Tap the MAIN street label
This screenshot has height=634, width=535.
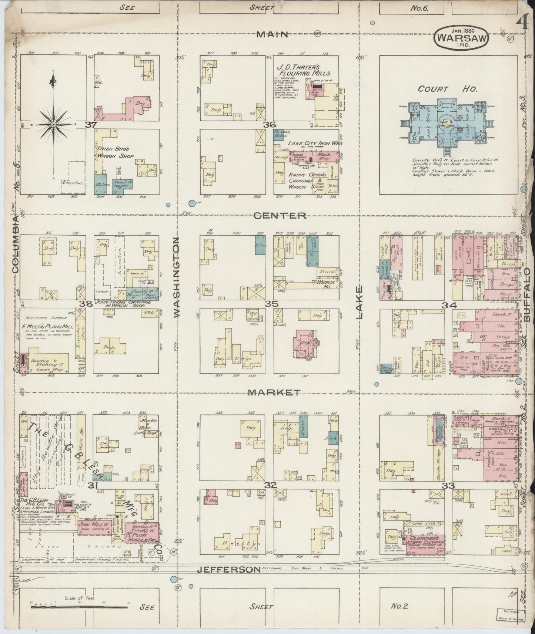coord(272,34)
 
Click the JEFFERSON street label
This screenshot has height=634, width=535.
coord(228,580)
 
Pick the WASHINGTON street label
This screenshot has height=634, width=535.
coord(176,277)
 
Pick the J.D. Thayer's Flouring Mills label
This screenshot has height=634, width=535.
coord(302,70)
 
